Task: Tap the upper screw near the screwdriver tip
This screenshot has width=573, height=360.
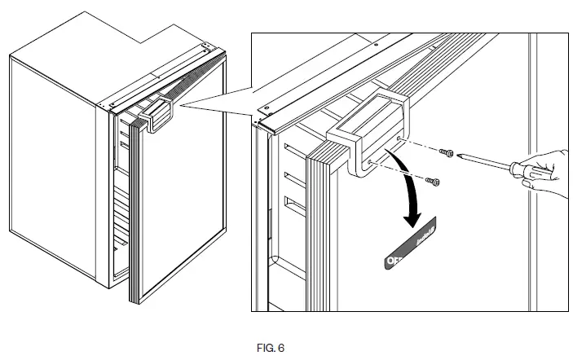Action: tap(446, 153)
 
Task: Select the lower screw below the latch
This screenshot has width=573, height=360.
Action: tap(434, 180)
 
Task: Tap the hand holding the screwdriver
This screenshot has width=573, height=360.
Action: tap(550, 171)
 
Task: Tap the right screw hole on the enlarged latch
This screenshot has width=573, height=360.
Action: tap(398, 139)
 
